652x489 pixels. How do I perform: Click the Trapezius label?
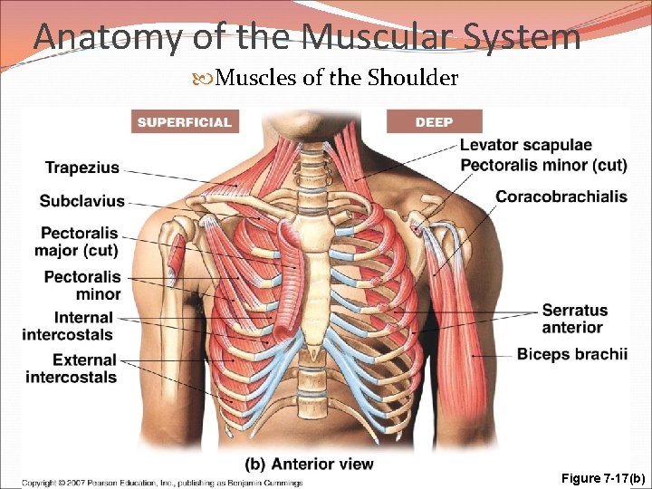pos(81,168)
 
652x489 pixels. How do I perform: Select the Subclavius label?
pos(81,200)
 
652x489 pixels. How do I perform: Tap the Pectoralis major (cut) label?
pos(80,241)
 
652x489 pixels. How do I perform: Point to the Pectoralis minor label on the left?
pos(82,285)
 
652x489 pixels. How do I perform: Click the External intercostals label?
pos(72,369)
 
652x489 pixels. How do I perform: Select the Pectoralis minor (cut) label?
pos(542,165)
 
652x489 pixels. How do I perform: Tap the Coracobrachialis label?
pos(561,197)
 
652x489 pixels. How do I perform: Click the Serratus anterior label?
pos(575,319)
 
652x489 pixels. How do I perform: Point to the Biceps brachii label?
pos(571,354)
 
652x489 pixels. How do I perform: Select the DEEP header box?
pos(434,121)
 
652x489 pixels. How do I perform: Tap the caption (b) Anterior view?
pos(309,464)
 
